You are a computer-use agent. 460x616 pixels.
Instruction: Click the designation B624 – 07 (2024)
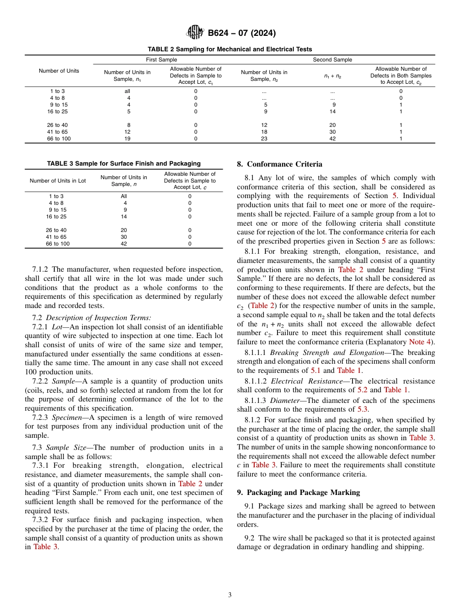click(242, 33)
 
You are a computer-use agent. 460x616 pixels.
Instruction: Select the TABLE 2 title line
click(230, 49)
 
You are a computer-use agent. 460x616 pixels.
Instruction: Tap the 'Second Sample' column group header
click(332, 60)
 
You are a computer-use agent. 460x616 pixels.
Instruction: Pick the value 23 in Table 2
click(264, 139)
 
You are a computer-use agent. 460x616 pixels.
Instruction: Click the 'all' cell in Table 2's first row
click(127, 91)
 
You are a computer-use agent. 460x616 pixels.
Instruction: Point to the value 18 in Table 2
click(264, 132)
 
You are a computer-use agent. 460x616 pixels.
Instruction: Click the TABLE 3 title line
click(123, 164)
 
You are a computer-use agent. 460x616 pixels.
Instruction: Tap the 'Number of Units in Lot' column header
click(58, 181)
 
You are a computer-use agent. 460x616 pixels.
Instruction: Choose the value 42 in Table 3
click(123, 244)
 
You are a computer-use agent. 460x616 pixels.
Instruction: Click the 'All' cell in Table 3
click(124, 196)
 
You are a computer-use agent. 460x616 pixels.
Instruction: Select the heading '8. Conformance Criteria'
click(279, 164)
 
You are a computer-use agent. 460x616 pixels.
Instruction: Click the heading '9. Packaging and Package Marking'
click(298, 493)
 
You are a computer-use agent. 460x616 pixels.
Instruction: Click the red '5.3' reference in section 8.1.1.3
click(363, 409)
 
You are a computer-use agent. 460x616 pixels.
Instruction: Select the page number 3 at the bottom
click(230, 595)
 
